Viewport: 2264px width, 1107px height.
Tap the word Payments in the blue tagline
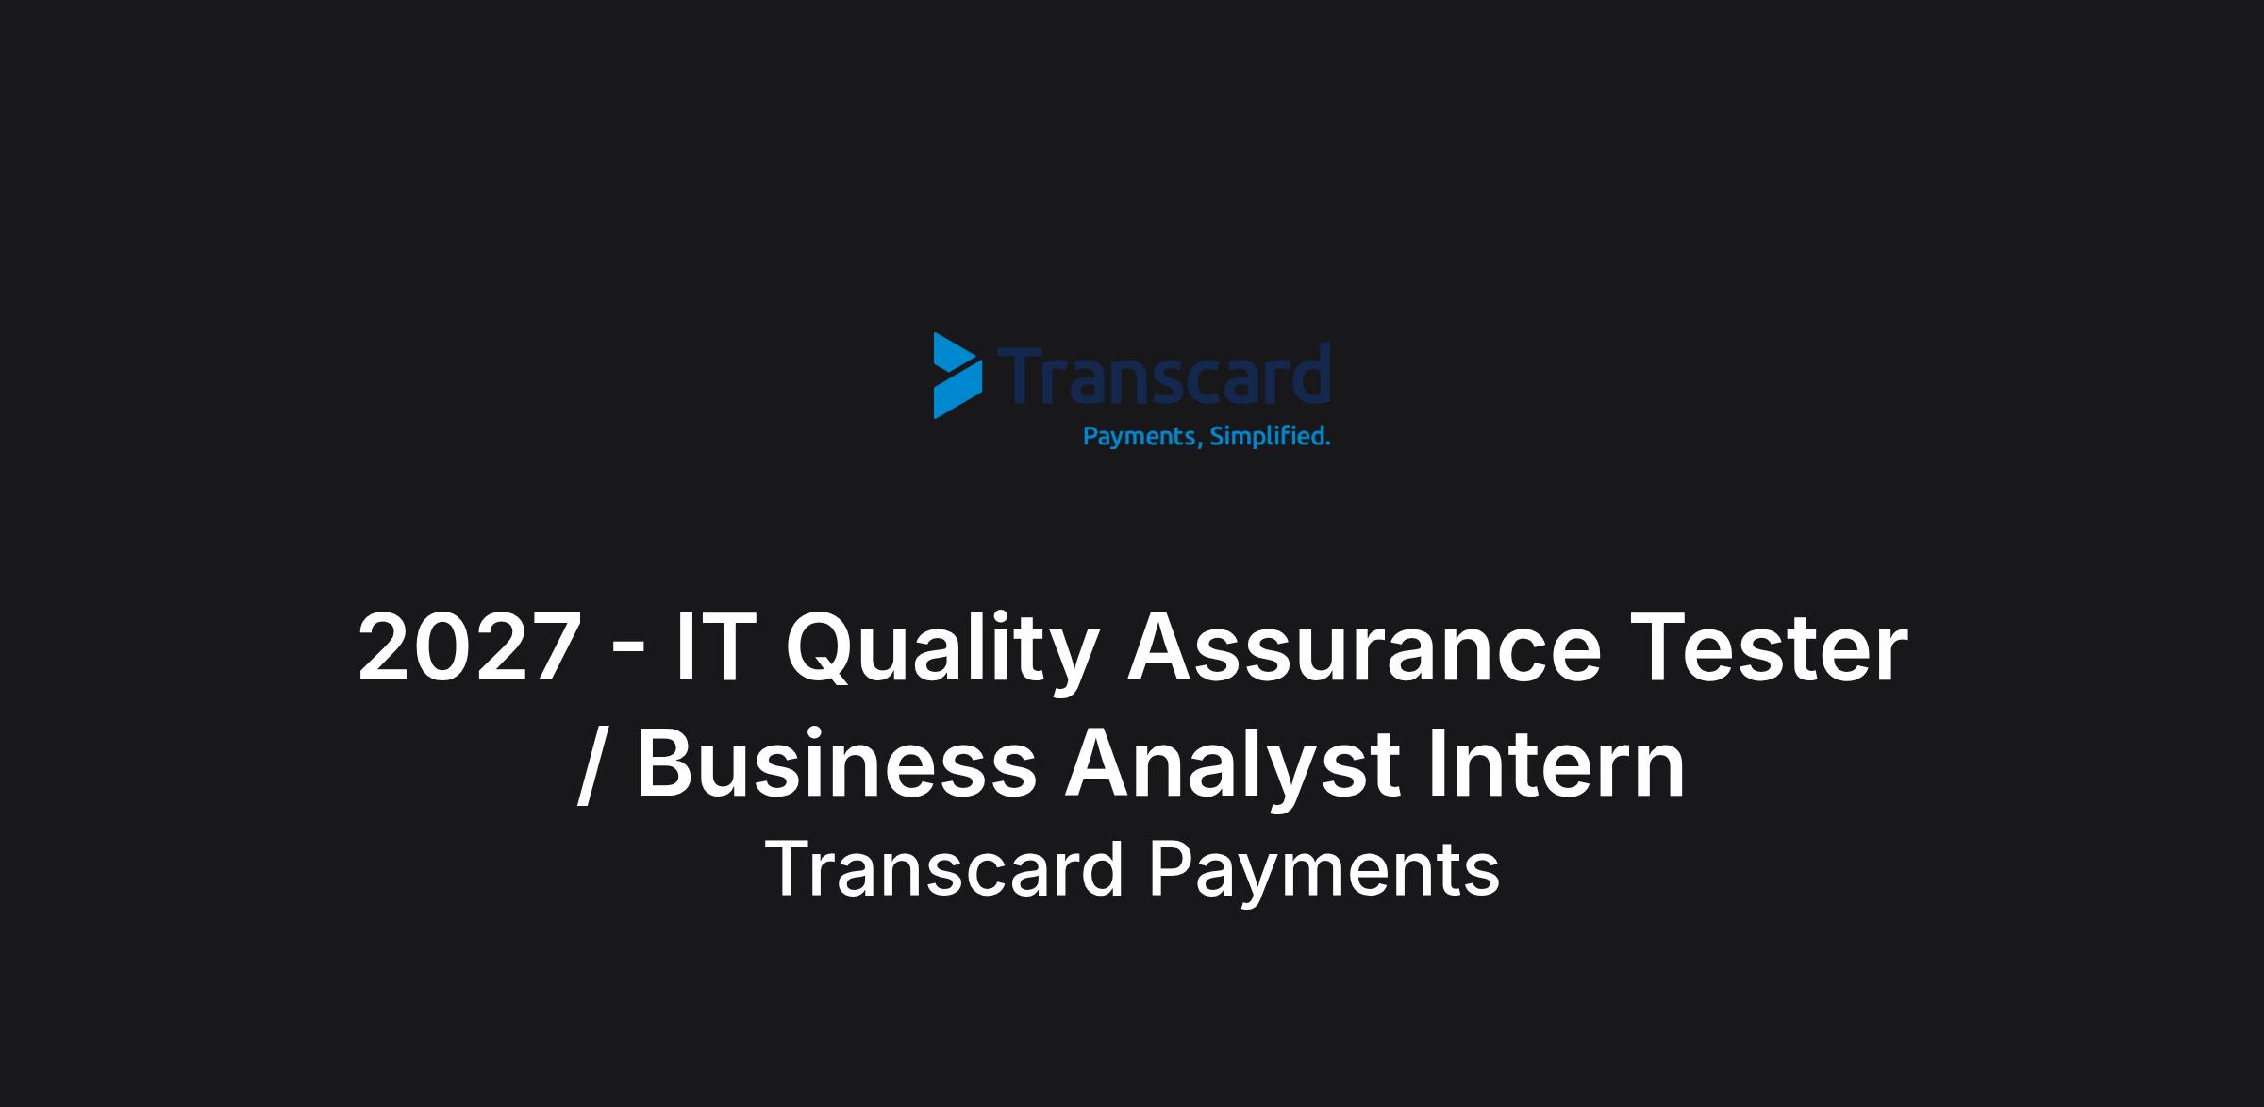(x=1139, y=437)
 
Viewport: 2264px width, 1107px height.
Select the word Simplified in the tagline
(x=1265, y=437)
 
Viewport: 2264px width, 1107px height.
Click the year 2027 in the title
(x=469, y=647)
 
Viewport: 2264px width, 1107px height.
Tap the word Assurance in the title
(x=1364, y=647)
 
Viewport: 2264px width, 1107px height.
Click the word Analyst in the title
(x=1231, y=767)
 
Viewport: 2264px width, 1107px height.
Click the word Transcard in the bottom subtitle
(x=944, y=870)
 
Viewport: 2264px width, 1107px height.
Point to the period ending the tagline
(x=1326, y=444)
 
